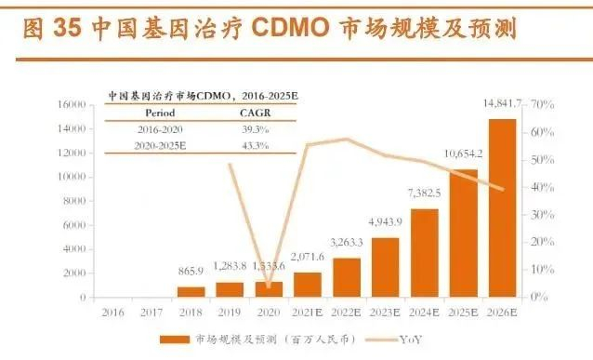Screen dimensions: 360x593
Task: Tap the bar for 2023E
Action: pyautogui.click(x=385, y=267)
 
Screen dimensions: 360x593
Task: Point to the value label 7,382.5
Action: pyautogui.click(x=423, y=193)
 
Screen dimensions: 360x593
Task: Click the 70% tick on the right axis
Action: pyautogui.click(x=543, y=104)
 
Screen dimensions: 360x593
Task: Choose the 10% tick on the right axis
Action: pyautogui.click(x=543, y=270)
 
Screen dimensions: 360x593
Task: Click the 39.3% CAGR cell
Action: pyautogui.click(x=255, y=128)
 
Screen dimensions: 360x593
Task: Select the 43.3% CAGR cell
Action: pyautogui.click(x=255, y=145)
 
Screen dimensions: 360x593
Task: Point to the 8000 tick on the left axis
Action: pyautogui.click(x=77, y=201)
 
